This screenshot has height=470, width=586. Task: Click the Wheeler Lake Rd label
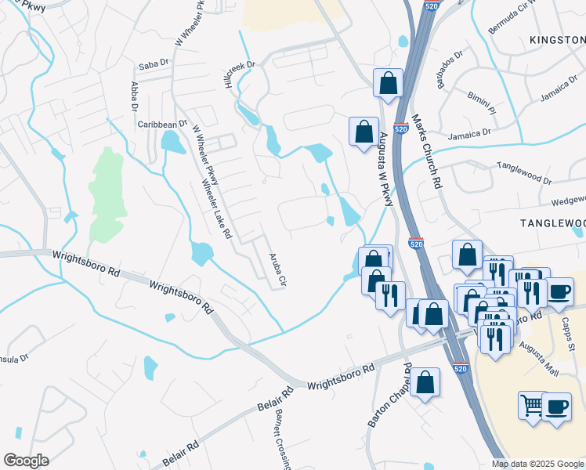click(x=216, y=209)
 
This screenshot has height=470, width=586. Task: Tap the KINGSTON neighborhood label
click(x=557, y=39)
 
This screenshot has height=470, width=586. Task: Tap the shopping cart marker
click(x=532, y=407)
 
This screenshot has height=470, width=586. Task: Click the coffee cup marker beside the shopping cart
click(x=557, y=407)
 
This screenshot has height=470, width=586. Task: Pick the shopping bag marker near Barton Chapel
click(x=425, y=383)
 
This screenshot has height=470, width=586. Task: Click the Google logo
click(x=26, y=461)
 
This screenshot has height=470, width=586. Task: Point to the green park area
click(x=107, y=192)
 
